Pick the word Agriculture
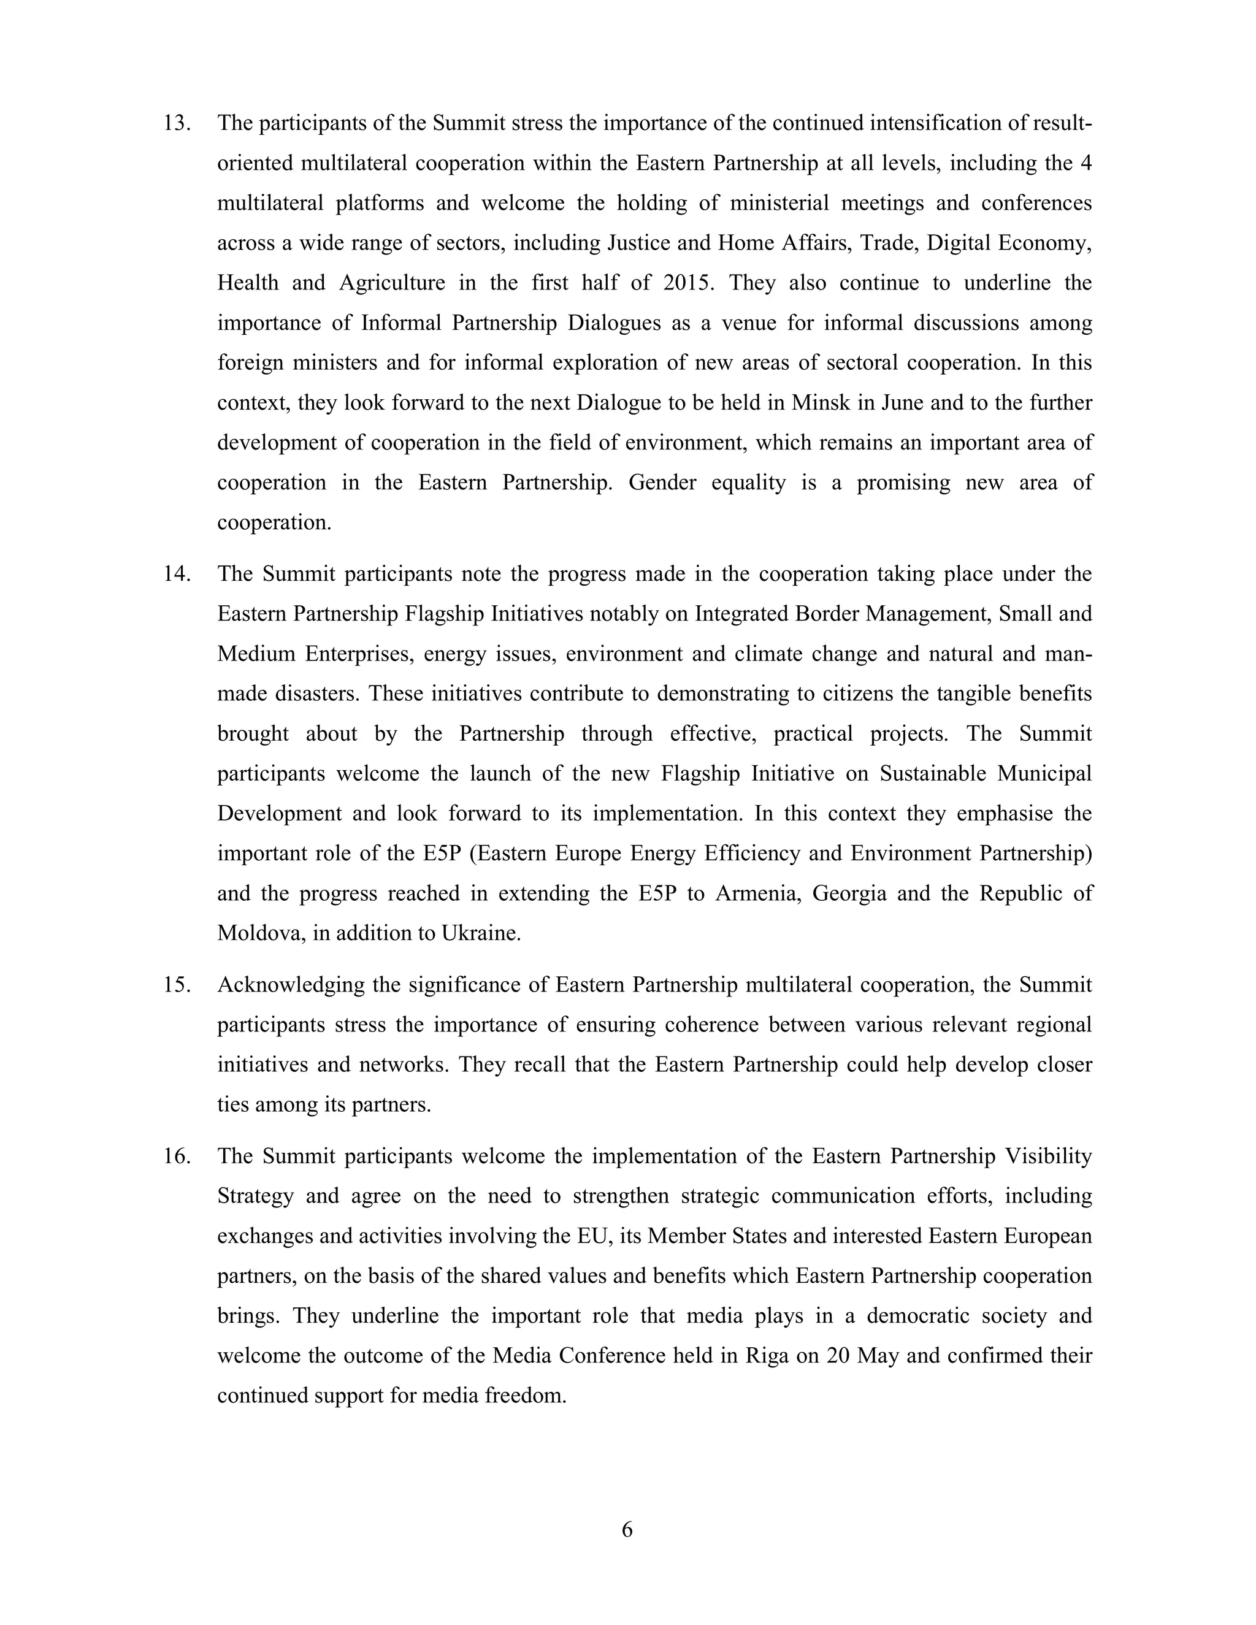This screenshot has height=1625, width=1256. (x=392, y=283)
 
